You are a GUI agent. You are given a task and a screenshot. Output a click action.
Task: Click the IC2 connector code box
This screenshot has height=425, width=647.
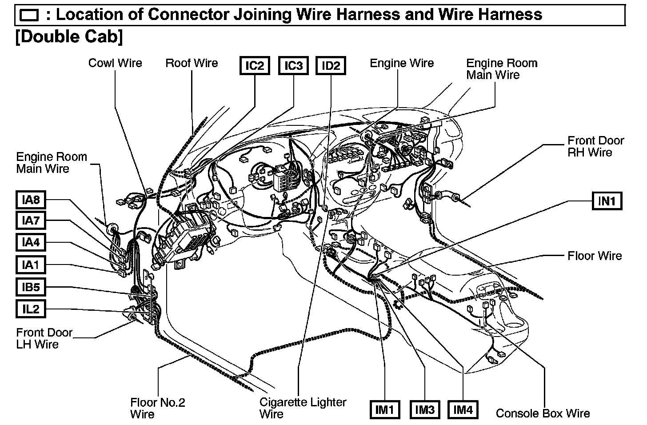click(255, 66)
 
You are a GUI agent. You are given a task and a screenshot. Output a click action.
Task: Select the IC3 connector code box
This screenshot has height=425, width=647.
click(293, 66)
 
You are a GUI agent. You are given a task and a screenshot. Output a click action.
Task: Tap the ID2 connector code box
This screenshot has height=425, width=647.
click(331, 66)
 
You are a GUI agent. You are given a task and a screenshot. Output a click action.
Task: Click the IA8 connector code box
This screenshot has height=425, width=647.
click(31, 200)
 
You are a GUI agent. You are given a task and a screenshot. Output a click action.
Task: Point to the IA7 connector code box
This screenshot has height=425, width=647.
click(31, 220)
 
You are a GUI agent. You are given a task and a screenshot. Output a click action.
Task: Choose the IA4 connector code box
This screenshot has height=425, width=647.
click(31, 242)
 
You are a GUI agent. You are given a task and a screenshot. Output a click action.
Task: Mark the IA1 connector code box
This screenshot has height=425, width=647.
click(31, 265)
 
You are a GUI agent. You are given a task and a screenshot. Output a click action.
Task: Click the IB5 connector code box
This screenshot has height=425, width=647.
click(31, 287)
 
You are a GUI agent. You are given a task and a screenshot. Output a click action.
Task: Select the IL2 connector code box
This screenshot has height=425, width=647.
click(31, 309)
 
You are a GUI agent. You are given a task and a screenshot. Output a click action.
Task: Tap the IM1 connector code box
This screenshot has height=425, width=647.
click(385, 409)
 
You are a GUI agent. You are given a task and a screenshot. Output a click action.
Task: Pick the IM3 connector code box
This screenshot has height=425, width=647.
click(424, 409)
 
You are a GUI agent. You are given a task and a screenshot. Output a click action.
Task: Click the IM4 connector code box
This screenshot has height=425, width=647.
click(463, 409)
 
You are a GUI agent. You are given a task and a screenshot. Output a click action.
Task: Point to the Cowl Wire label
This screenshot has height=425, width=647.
click(115, 63)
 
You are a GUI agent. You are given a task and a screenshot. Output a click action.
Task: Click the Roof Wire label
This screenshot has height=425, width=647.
click(192, 63)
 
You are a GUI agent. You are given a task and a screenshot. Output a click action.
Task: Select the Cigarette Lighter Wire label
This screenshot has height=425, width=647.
click(303, 408)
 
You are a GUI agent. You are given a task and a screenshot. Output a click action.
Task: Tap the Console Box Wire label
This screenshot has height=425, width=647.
click(543, 413)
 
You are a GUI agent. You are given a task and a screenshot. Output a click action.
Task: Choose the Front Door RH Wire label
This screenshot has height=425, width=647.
click(595, 147)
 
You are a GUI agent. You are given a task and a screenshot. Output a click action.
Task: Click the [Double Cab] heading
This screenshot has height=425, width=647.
click(69, 36)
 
